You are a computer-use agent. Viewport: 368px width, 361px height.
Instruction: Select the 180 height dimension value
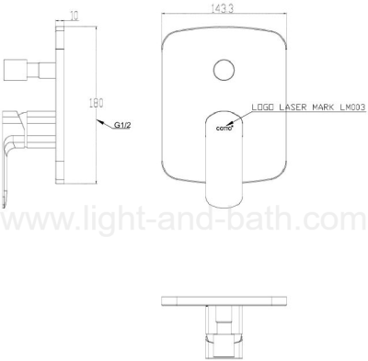coord(96,103)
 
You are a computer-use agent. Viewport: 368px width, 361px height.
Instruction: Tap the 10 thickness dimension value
coord(75,17)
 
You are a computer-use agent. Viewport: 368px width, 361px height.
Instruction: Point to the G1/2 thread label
coord(122,125)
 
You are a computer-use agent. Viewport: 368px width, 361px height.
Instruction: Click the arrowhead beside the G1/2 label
coord(100,122)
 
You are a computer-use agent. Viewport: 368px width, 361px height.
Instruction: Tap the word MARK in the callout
coord(323,107)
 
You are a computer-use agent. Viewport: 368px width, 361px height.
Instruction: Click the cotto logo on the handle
coord(224,129)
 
